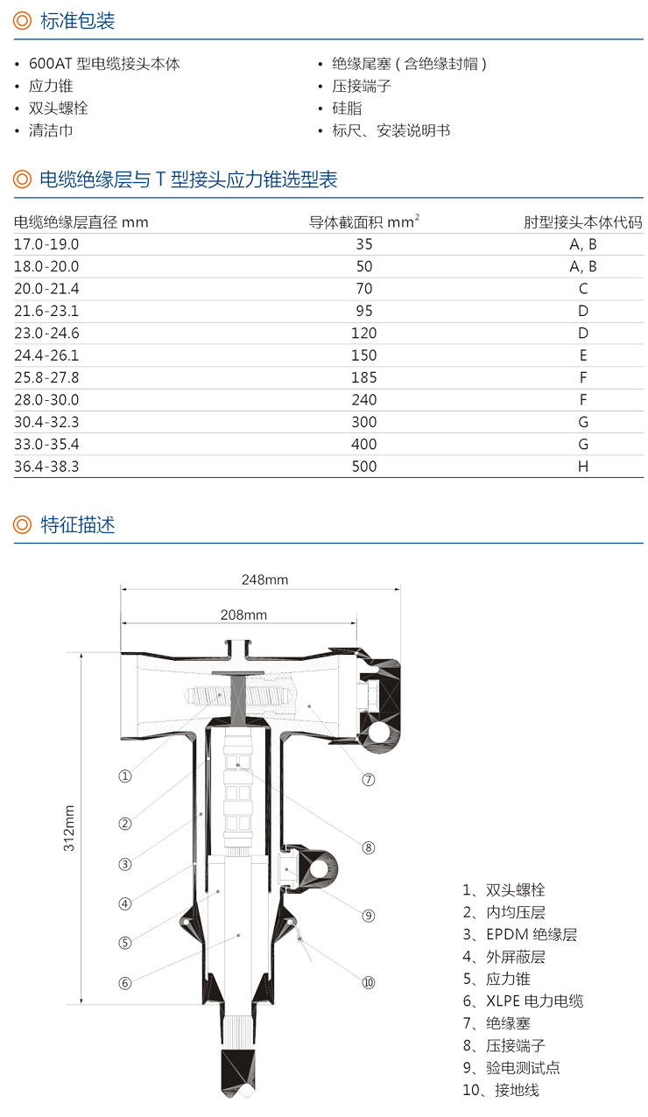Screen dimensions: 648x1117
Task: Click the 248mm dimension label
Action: click(264, 580)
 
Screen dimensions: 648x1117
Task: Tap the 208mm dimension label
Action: click(243, 615)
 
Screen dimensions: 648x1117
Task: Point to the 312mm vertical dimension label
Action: click(69, 828)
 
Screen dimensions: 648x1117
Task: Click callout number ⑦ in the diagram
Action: click(368, 779)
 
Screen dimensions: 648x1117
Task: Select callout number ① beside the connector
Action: click(124, 776)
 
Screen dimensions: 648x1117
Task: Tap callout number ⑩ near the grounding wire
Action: click(368, 982)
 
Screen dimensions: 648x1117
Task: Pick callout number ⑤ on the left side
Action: click(124, 943)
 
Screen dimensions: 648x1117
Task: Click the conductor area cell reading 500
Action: click(363, 467)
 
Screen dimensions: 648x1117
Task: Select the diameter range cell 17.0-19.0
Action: click(46, 244)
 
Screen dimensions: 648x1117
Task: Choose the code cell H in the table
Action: click(582, 467)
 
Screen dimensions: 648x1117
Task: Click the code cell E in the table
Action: click(582, 355)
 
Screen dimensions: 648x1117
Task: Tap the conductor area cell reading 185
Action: click(363, 377)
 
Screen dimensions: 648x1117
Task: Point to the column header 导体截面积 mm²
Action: click(363, 221)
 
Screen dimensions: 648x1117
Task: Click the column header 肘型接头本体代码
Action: click(582, 221)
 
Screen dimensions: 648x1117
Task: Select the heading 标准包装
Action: click(77, 21)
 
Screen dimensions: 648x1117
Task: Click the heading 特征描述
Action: click(77, 524)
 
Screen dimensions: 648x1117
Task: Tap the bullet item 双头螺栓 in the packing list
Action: click(58, 109)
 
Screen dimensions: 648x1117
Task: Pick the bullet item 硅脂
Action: click(347, 109)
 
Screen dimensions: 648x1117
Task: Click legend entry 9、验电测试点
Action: click(511, 1068)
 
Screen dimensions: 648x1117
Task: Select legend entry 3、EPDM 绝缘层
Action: click(520, 934)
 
